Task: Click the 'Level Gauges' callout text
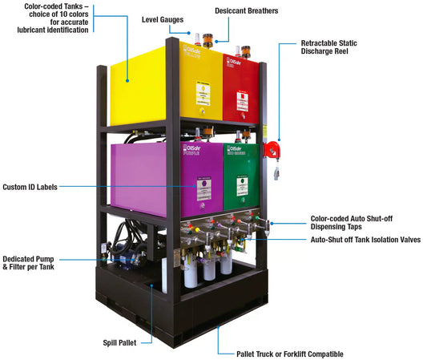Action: pyautogui.click(x=163, y=18)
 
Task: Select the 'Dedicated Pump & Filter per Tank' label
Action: pyautogui.click(x=29, y=261)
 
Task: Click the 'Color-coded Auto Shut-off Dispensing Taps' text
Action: pyautogui.click(x=352, y=222)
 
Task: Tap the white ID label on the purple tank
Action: pyautogui.click(x=206, y=188)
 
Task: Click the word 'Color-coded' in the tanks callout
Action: pyautogui.click(x=42, y=7)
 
